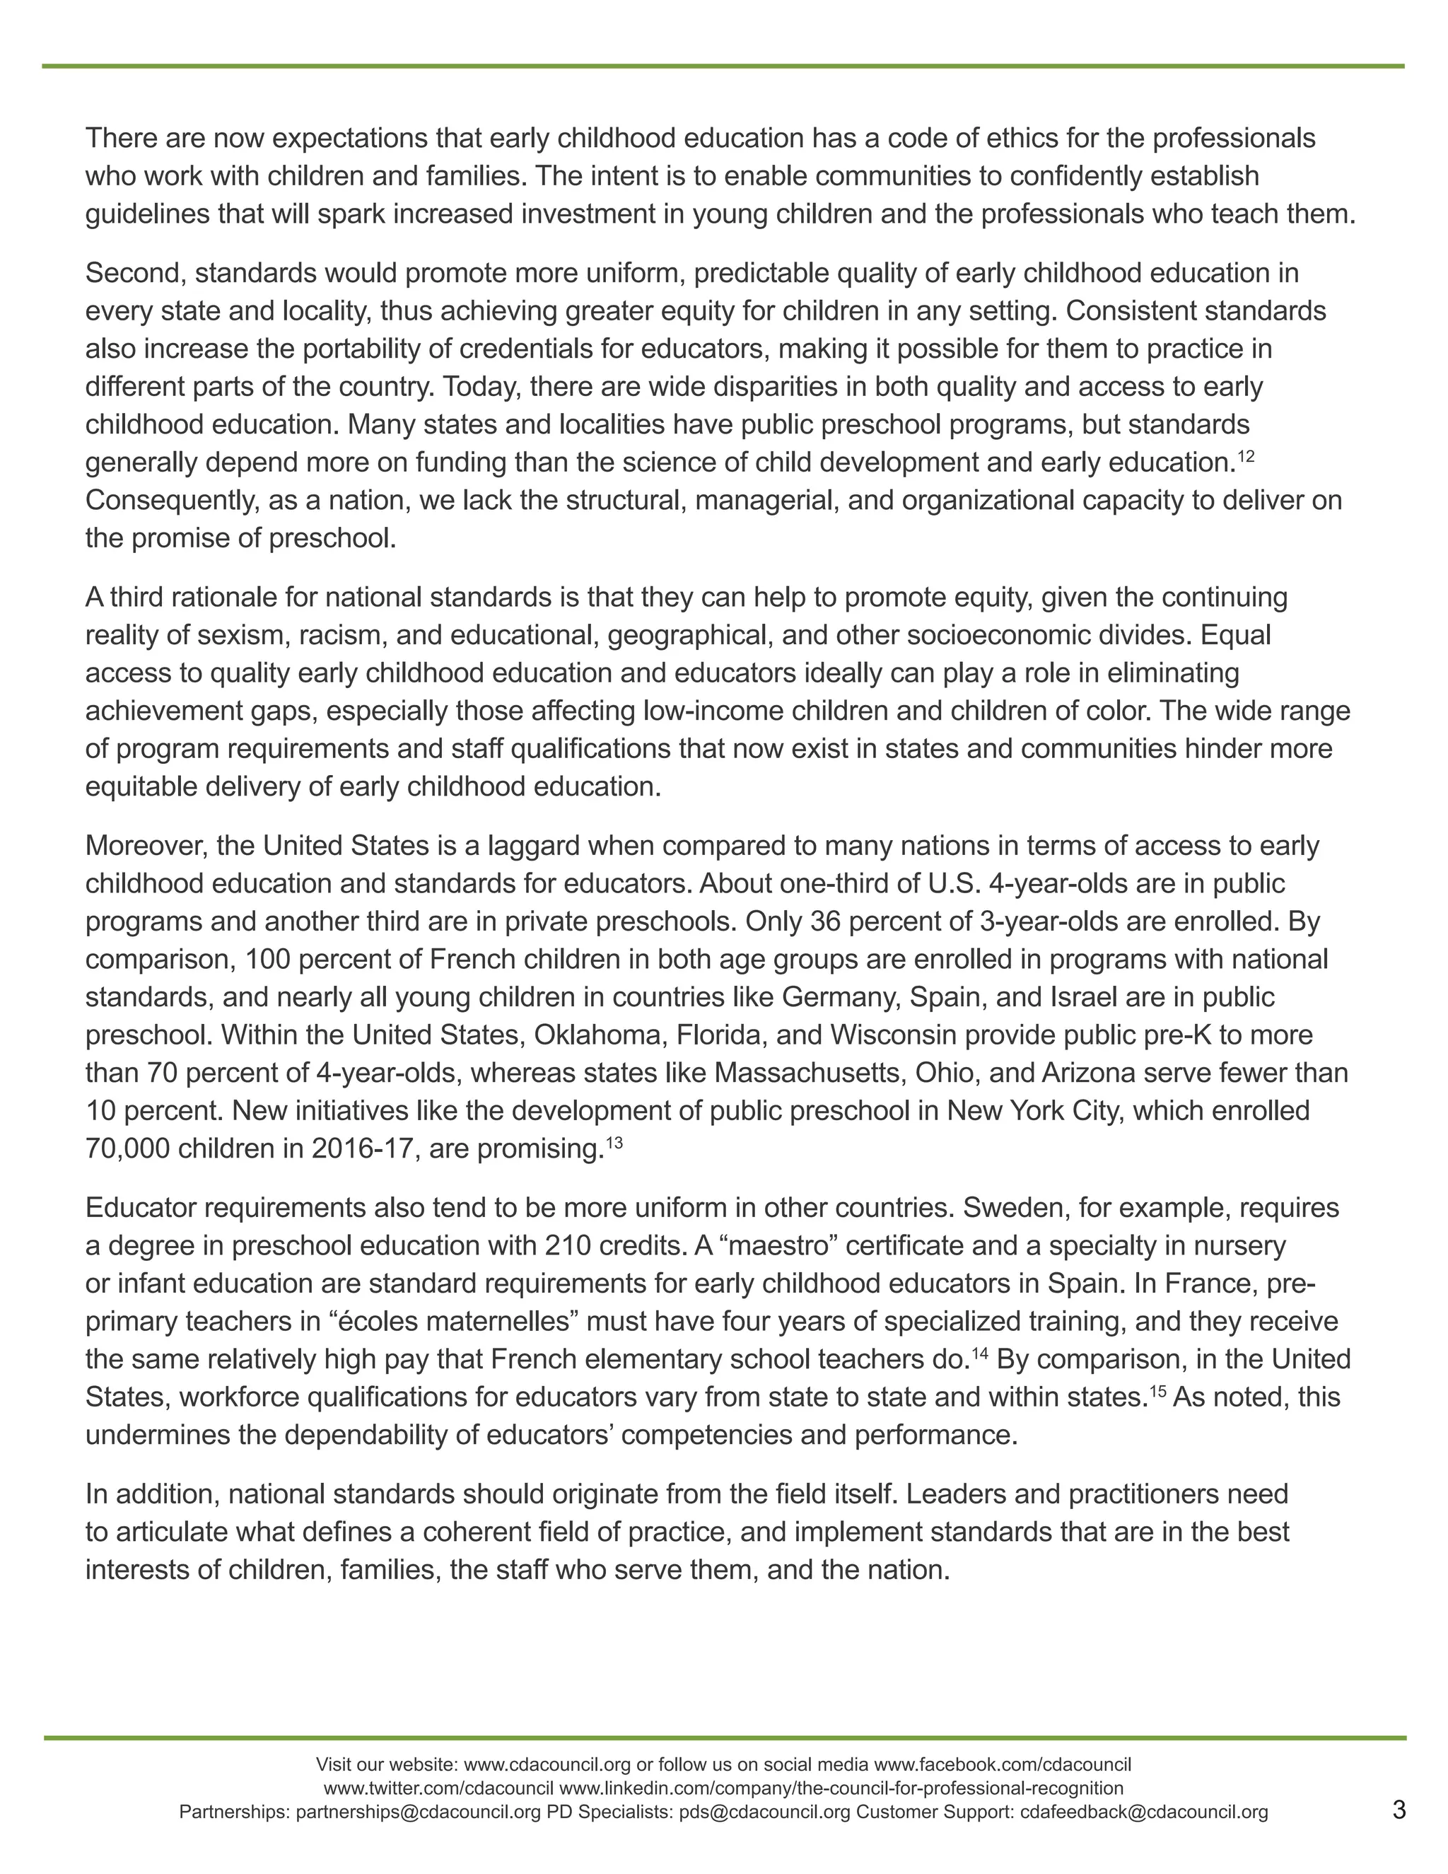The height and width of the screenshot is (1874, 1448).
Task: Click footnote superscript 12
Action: [1246, 455]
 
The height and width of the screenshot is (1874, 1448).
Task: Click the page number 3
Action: [1399, 1810]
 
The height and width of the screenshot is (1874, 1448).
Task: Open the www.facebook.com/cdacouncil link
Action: [1002, 1764]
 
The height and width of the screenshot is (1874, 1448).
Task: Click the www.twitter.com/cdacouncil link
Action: [438, 1788]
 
